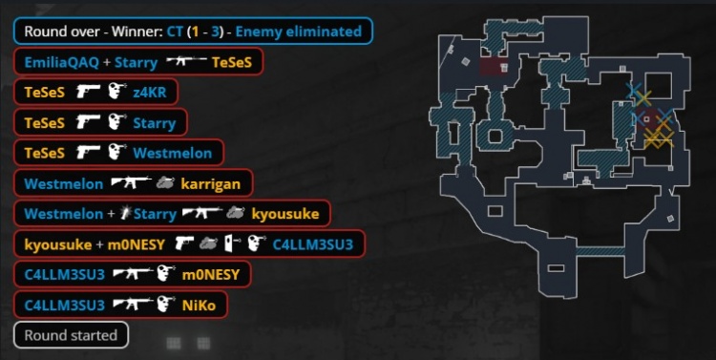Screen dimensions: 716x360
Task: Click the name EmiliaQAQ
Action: (62, 62)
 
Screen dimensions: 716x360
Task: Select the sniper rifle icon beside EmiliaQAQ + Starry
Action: (186, 61)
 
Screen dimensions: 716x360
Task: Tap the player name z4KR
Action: (150, 93)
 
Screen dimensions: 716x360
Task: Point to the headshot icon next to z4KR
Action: (117, 92)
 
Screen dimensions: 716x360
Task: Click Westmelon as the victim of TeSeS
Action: (173, 153)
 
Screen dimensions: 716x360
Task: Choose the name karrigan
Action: (211, 184)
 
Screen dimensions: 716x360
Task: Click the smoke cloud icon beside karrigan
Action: (165, 183)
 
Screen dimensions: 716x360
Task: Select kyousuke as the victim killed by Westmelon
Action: (284, 214)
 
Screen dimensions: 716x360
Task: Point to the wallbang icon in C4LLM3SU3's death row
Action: (232, 244)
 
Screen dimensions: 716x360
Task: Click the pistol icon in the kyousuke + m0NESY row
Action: (184, 244)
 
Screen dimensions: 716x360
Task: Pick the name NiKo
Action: (199, 306)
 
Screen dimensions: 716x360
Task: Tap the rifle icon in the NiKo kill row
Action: (133, 304)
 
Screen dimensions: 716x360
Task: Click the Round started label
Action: (71, 335)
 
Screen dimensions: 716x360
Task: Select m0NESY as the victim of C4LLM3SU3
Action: (211, 275)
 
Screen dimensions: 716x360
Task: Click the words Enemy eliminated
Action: (299, 32)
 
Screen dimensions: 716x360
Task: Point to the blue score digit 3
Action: (214, 32)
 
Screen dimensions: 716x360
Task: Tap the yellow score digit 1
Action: (195, 32)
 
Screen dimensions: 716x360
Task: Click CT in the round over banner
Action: (175, 32)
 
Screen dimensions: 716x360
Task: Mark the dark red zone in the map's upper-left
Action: (494, 67)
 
